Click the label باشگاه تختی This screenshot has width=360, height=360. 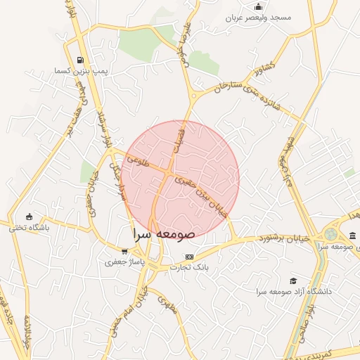[x=27, y=227]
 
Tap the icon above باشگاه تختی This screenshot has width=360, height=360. [x=29, y=217]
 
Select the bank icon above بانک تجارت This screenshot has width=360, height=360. [x=188, y=257]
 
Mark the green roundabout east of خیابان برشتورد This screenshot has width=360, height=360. [x=331, y=235]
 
